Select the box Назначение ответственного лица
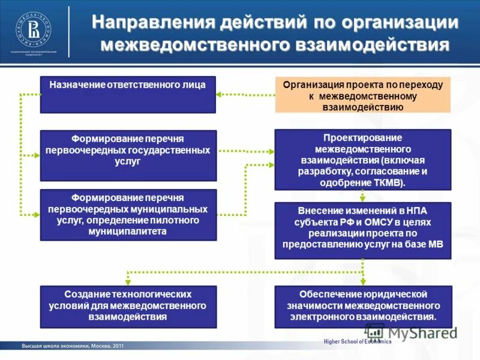(x=127, y=94)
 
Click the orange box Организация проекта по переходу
(x=362, y=95)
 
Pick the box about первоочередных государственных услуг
(x=127, y=155)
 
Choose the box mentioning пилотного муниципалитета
(x=127, y=215)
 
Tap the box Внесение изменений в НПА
(x=362, y=230)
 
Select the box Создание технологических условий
(x=127, y=307)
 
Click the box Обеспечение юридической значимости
(x=362, y=307)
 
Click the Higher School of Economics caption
(x=357, y=341)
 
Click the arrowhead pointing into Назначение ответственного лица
(x=220, y=94)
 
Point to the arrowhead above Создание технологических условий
(x=127, y=281)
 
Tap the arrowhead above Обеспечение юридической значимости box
(x=362, y=281)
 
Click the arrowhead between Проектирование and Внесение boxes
(x=362, y=197)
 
